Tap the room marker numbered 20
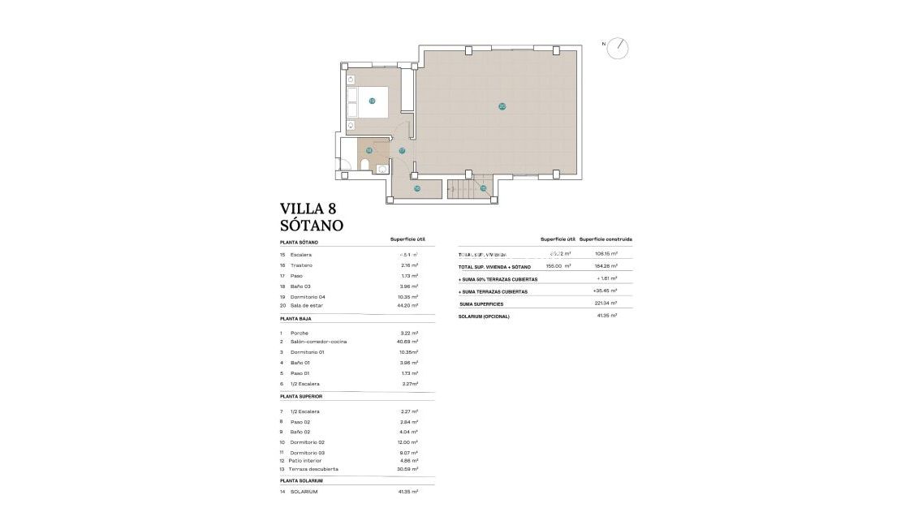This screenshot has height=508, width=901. click(502, 106)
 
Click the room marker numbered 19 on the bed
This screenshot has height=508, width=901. click(372, 101)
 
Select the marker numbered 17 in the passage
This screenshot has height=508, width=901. click(402, 151)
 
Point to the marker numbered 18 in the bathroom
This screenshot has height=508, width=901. click(369, 150)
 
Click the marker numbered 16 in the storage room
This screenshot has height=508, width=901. click(417, 188)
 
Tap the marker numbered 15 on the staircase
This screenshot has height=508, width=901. click(483, 188)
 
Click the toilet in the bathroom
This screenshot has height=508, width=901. click(364, 167)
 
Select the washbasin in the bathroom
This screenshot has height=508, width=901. click(382, 169)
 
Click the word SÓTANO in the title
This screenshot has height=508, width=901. click(312, 226)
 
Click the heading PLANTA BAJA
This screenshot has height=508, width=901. click(297, 320)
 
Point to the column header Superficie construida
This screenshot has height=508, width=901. click(606, 239)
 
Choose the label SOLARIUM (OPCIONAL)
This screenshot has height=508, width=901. click(484, 316)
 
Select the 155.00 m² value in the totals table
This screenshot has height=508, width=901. click(558, 266)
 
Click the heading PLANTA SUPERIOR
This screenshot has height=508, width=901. click(301, 396)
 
